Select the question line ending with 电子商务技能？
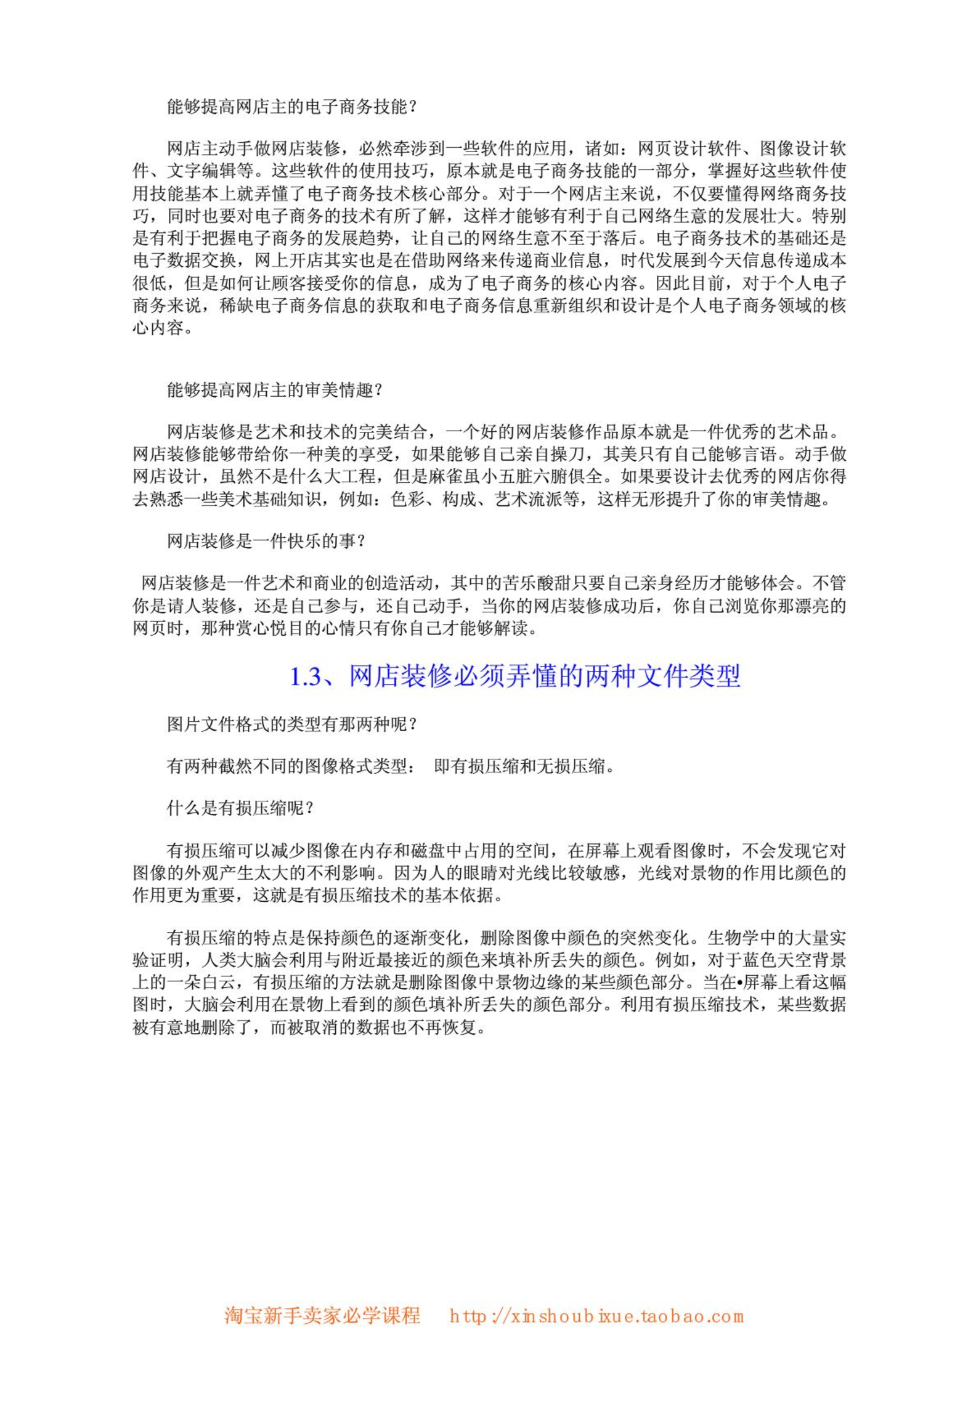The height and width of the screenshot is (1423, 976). [x=292, y=107]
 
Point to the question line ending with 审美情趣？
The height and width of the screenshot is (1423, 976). [x=275, y=390]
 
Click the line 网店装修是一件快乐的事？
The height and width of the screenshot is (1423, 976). [x=266, y=541]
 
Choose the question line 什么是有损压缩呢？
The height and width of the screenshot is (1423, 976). [x=240, y=808]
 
